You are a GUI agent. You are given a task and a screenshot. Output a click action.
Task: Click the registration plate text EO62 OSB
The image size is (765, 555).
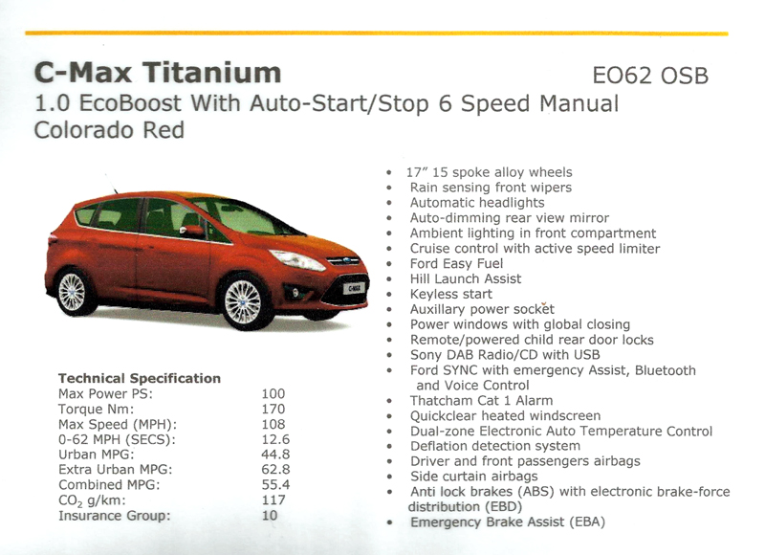coord(650,76)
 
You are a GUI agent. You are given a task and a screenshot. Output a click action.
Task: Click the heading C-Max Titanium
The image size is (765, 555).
coord(158,72)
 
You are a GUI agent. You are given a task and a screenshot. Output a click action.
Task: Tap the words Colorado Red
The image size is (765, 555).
coord(109,130)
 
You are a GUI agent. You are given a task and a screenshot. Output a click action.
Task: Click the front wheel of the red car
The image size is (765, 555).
coord(243,301)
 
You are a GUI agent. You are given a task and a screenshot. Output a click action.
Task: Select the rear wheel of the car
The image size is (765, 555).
coord(73,292)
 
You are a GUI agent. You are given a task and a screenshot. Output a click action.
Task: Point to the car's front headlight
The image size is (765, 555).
coord(297,259)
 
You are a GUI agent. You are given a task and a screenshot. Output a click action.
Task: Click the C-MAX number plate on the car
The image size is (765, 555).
coord(353,288)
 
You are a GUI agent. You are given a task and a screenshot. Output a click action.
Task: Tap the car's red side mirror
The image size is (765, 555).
coord(193,231)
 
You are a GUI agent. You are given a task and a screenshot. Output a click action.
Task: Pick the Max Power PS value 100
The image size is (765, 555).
coord(273,394)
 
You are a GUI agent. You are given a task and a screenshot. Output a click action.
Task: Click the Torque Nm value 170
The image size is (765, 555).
coord(273,409)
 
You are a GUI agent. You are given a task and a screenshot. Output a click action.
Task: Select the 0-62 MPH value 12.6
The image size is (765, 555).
coord(275,439)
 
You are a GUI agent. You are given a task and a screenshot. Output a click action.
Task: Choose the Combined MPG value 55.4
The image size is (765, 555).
coord(275,485)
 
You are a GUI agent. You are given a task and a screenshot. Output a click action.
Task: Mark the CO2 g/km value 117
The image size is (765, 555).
coord(273,499)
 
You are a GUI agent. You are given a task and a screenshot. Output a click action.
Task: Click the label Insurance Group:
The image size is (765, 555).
coord(115,516)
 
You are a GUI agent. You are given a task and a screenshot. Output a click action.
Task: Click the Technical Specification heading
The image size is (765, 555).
coord(140,378)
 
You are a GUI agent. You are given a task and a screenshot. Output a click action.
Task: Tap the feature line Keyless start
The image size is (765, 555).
coord(451,294)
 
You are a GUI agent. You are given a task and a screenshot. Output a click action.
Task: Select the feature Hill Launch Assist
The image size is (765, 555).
coord(466,278)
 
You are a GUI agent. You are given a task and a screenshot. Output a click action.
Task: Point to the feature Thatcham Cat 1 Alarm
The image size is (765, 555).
coord(482,401)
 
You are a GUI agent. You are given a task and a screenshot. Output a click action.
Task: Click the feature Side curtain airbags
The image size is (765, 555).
coord(474,477)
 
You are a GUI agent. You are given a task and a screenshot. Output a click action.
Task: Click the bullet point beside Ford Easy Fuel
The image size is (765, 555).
coord(389,264)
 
